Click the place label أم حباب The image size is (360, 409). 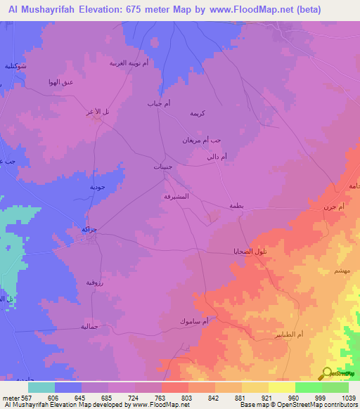159,103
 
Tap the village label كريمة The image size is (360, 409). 198,112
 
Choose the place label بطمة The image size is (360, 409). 235,205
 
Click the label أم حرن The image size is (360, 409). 331,207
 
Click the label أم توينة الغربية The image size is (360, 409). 127,63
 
